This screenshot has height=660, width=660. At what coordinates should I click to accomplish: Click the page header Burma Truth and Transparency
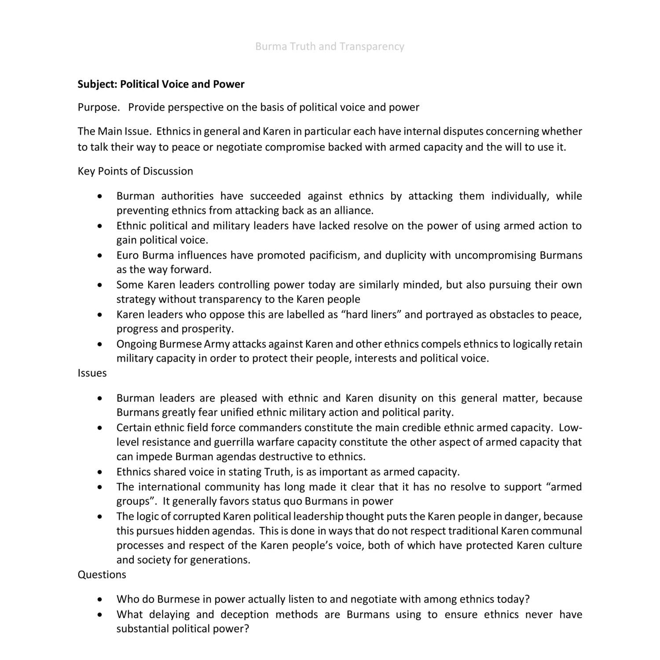(x=330, y=47)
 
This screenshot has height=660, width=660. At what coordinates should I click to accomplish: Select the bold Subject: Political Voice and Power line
(x=161, y=84)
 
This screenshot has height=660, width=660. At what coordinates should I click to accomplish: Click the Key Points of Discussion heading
(x=135, y=171)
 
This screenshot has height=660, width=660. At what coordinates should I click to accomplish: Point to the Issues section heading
(x=92, y=373)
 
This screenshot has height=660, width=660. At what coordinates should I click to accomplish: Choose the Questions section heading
(x=102, y=575)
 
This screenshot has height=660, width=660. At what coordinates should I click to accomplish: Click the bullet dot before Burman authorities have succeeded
(x=101, y=196)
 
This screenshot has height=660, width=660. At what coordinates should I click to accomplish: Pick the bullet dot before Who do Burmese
(x=101, y=600)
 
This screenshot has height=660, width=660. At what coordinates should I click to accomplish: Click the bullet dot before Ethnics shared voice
(x=101, y=473)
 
